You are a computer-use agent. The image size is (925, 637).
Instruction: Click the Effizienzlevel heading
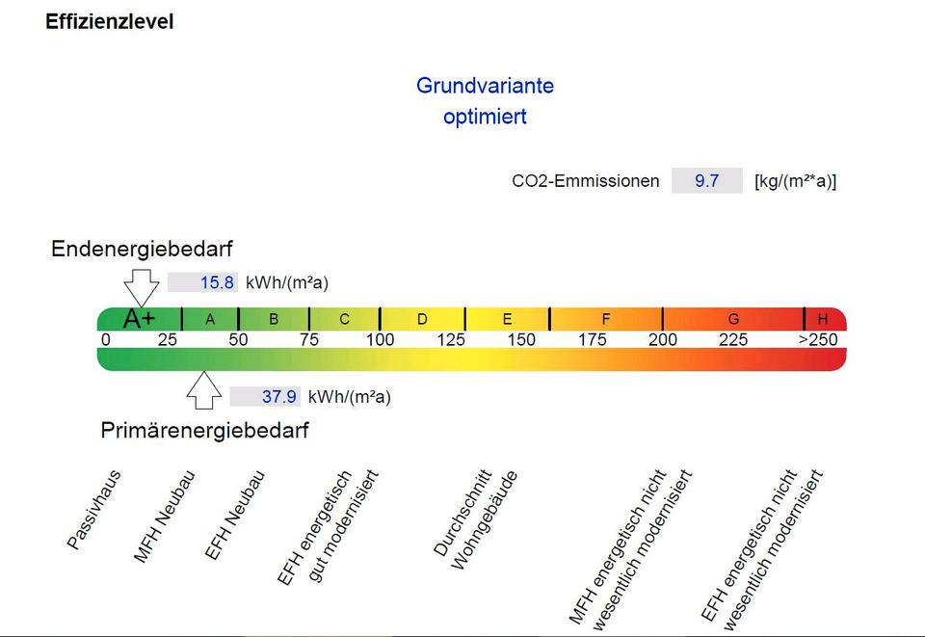tap(110, 22)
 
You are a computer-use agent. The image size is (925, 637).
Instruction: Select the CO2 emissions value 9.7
tap(706, 180)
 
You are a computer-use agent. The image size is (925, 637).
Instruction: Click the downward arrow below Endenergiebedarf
tap(142, 286)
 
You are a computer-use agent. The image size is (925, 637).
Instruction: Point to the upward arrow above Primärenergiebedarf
tap(202, 389)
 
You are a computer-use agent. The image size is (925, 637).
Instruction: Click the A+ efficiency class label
tap(140, 319)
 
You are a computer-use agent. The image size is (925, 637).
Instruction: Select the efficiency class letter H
tap(823, 319)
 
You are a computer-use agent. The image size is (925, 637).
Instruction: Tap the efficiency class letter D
tap(422, 319)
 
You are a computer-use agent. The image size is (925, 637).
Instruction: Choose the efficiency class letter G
tap(733, 319)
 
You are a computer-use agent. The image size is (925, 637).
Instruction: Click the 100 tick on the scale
tap(380, 340)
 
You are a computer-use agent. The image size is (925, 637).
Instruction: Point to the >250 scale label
tap(818, 340)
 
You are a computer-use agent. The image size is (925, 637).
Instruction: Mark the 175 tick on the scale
tap(593, 340)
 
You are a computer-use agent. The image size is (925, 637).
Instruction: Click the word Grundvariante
tap(485, 86)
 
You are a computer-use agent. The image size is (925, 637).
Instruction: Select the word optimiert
tap(485, 118)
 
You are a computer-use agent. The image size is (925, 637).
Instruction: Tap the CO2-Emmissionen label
tap(585, 181)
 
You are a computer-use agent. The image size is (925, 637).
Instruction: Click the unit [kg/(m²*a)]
tap(795, 181)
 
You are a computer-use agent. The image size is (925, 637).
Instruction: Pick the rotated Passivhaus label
tap(93, 510)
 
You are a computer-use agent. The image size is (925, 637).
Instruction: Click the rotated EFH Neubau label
tap(234, 515)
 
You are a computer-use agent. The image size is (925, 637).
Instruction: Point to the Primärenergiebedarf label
tap(204, 431)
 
